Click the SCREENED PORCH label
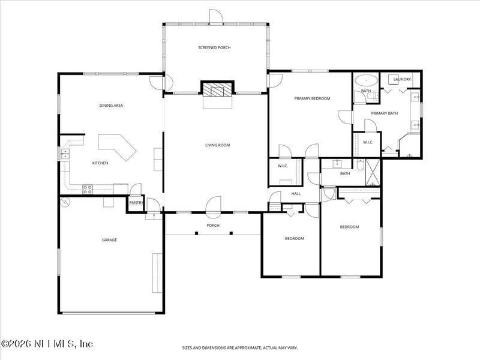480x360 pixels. coord(214,47)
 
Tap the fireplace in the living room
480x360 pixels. coord(216,90)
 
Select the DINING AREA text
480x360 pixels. coord(111,106)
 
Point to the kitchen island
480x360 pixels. coord(118,146)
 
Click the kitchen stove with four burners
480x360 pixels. coord(88,189)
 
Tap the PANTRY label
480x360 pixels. coord(136,203)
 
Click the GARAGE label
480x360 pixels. coord(109,240)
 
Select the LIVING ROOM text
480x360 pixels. coord(217,145)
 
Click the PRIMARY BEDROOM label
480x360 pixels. coord(312,98)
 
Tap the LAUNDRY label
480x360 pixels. coord(402,79)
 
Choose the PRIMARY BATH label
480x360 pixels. coord(384,113)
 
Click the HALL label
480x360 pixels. coord(296,194)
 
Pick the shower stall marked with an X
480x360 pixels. coord(373,172)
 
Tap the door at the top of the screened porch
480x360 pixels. coord(216,17)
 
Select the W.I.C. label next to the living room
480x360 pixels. coord(283,166)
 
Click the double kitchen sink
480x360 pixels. coord(65,155)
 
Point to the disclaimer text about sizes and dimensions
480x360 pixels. coord(240,347)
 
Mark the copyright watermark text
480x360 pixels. coord(47,344)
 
